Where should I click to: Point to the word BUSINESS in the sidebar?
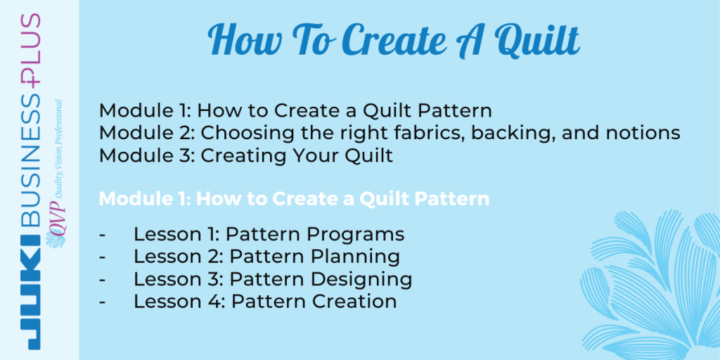coord(30,162)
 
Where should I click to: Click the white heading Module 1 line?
coord(294,199)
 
